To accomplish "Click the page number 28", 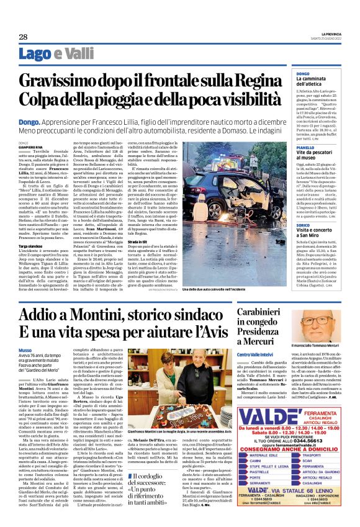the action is click(x=23, y=37).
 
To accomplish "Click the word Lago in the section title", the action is click(x=33, y=55).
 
